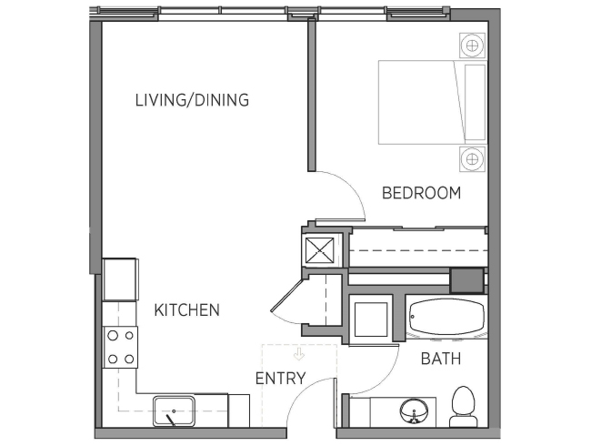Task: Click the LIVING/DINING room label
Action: coord(192,100)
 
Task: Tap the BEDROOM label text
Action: coord(421,193)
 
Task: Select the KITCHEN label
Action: coord(187,309)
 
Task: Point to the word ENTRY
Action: coord(280,378)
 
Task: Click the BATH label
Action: coord(441,359)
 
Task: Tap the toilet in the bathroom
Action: coord(463,407)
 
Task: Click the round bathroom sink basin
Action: coord(415,412)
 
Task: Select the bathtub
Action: coord(447,317)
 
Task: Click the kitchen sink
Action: coord(174,411)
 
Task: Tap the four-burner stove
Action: coord(121,347)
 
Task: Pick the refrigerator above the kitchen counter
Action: coord(120,279)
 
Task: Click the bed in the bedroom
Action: coord(433,102)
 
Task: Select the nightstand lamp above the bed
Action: coord(472,46)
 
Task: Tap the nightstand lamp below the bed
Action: coord(472,159)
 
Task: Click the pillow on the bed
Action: coord(475,102)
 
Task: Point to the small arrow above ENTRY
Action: coord(299,354)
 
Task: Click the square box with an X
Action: coord(320,250)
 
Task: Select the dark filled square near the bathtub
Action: coord(467,280)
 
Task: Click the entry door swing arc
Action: coord(302,389)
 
